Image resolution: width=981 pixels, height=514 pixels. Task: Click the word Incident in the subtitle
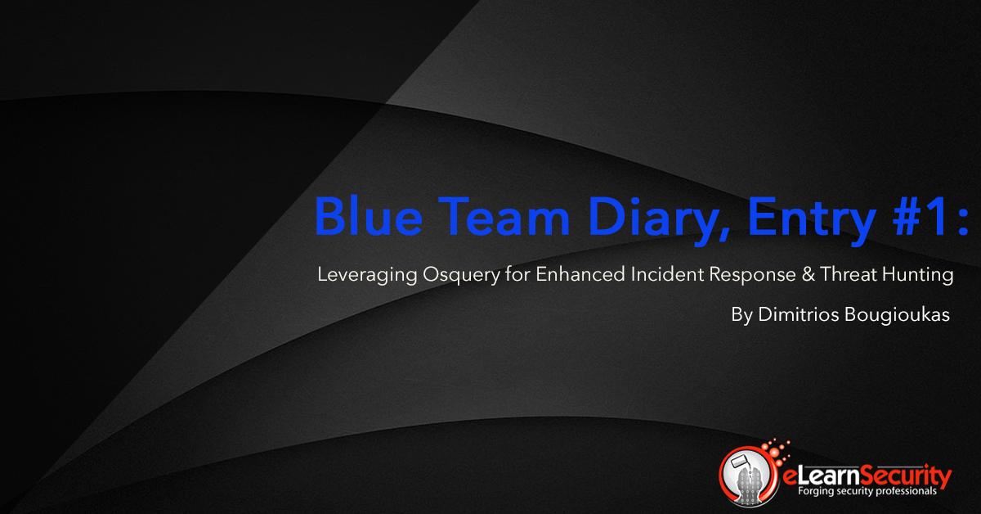666,275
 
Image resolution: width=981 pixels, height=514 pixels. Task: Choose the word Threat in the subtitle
856,275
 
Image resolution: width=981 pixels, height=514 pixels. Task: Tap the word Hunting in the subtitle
922,276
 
